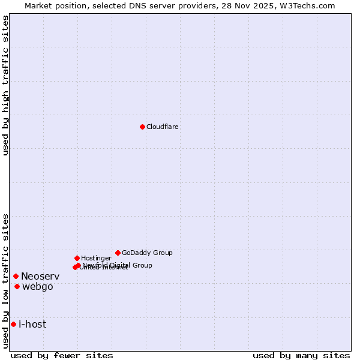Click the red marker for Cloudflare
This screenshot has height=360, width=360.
coord(142,127)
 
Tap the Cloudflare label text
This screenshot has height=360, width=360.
coord(163,127)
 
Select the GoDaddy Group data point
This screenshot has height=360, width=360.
coord(118,253)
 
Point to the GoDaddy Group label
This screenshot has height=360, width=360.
coord(147,253)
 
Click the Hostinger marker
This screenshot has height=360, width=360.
coord(77,258)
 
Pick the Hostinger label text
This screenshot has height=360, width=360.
coord(96,258)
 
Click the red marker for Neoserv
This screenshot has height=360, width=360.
coord(16,276)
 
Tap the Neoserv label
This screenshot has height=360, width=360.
coord(40,276)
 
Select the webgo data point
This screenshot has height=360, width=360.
coord(17,286)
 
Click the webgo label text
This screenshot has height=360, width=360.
coord(38,286)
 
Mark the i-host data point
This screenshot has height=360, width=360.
coord(13,324)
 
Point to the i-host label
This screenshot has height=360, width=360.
coord(32,324)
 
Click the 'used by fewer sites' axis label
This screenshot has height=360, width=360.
coord(62,355)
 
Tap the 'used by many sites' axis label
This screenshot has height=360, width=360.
coord(301,355)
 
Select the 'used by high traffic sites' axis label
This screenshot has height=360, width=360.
coord(5,85)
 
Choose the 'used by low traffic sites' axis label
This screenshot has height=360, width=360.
coord(5,281)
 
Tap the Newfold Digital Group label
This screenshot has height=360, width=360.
coord(118,265)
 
